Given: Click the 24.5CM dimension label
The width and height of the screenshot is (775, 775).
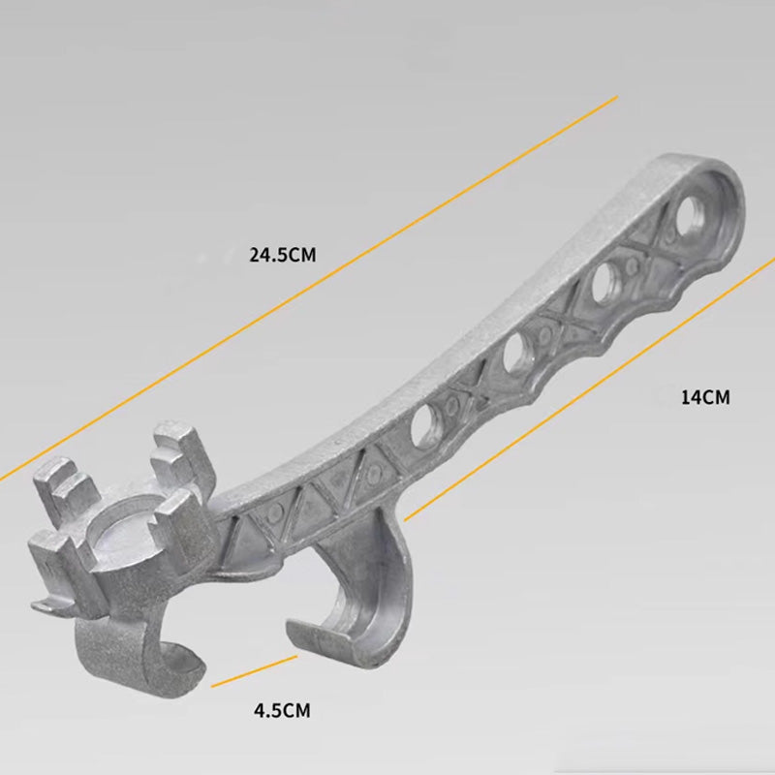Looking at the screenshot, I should (282, 256).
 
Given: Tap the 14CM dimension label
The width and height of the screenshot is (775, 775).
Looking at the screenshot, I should (704, 396).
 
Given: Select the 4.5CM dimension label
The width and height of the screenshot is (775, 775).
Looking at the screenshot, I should (282, 710).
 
